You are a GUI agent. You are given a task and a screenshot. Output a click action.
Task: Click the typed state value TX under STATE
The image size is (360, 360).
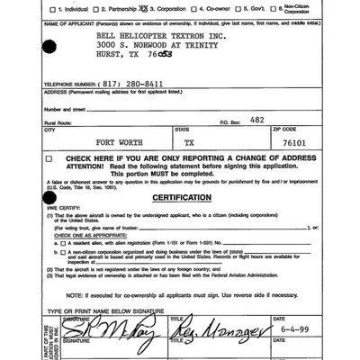click(188, 142)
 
